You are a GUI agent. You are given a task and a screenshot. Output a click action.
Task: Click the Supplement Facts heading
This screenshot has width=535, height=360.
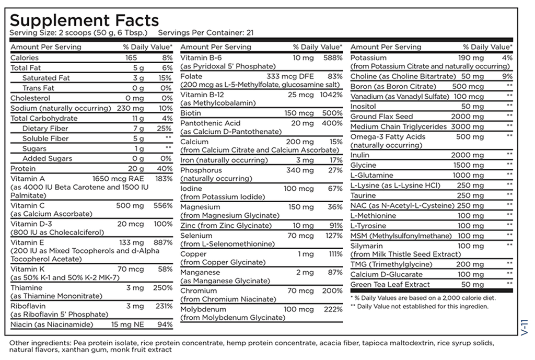(x=84, y=20)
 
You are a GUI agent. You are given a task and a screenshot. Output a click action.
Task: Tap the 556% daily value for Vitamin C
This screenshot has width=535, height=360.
(x=162, y=205)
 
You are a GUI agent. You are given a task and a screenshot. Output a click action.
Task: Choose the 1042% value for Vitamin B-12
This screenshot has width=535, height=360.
(x=331, y=95)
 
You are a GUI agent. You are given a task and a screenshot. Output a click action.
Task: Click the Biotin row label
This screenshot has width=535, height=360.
(x=191, y=113)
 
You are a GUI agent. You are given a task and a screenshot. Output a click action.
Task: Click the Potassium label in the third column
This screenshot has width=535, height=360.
(x=369, y=57)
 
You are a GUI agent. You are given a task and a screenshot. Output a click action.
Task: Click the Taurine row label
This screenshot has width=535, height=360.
(x=363, y=195)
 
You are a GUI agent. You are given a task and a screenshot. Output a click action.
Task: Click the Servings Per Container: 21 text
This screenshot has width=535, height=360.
(x=205, y=32)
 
